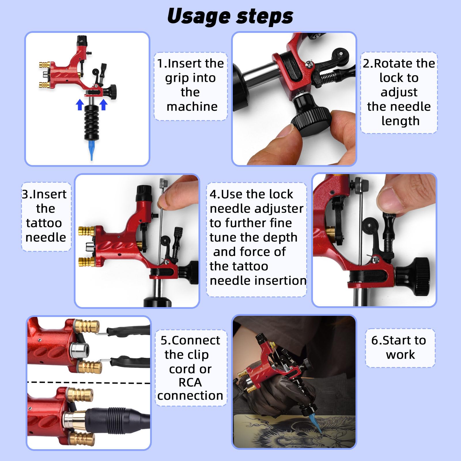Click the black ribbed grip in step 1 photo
(92, 122)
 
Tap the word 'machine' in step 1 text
(192, 107)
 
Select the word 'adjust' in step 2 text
(399, 92)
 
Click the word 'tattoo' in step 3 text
(44, 223)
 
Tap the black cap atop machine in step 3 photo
(144, 193)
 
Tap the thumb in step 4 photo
(403, 199)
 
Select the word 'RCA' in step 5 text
(190, 382)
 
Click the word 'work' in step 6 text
(400, 354)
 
